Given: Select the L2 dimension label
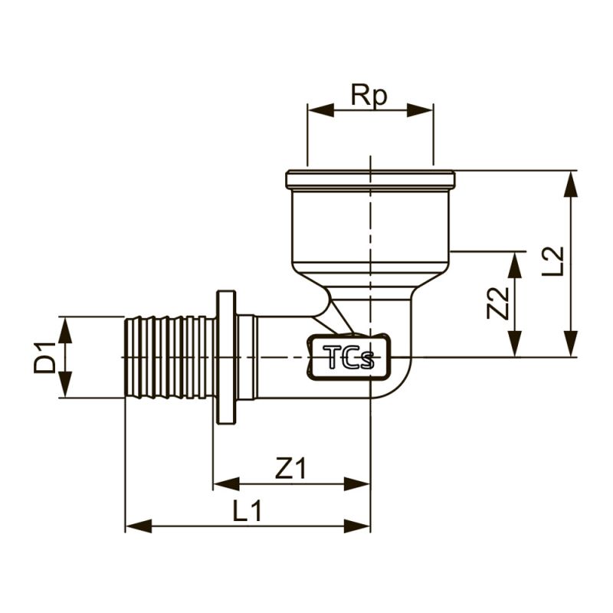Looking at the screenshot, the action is pyautogui.click(x=553, y=261).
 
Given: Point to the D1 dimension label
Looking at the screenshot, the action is pyautogui.click(x=45, y=357).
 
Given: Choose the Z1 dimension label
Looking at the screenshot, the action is pyautogui.click(x=290, y=469).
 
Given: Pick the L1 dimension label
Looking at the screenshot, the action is pyautogui.click(x=247, y=511).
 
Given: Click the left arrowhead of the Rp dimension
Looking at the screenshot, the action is pyautogui.click(x=320, y=110).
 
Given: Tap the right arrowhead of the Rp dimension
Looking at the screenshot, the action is pyautogui.click(x=420, y=110).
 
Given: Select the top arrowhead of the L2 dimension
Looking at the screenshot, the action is pyautogui.click(x=571, y=184).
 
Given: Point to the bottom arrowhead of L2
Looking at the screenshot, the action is pyautogui.click(x=571, y=343).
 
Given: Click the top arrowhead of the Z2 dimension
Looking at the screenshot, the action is pyautogui.click(x=516, y=265).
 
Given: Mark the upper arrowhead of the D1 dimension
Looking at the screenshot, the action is pyautogui.click(x=65, y=329).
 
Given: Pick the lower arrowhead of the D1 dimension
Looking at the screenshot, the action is pyautogui.click(x=65, y=385).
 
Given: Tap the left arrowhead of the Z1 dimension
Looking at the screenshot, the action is pyautogui.click(x=226, y=484).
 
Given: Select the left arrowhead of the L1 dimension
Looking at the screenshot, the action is pyautogui.click(x=139, y=526).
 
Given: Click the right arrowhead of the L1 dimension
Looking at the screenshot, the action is pyautogui.click(x=356, y=526).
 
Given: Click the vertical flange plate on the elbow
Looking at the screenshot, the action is pyautogui.click(x=226, y=357).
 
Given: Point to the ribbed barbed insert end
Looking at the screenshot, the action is pyautogui.click(x=170, y=357).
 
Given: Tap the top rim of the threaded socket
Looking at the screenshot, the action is pyautogui.click(x=370, y=179).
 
